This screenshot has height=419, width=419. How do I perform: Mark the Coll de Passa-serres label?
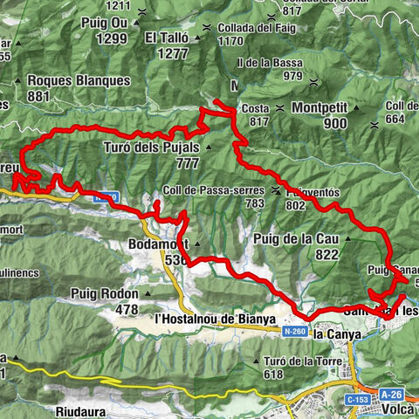213,190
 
